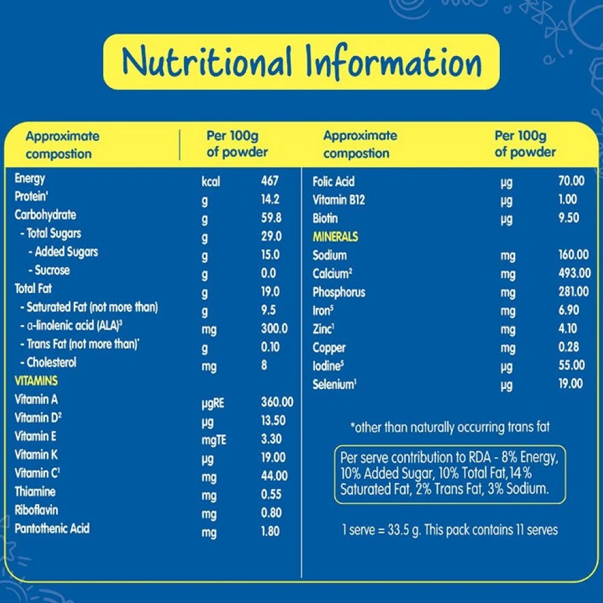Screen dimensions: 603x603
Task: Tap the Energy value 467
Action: (x=270, y=181)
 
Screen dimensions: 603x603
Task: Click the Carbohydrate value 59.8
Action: (x=271, y=218)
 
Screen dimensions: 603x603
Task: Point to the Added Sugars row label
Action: (x=63, y=252)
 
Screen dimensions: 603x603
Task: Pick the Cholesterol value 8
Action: (x=264, y=365)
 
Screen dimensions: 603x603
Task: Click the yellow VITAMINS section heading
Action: (x=36, y=381)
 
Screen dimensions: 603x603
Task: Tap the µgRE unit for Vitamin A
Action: (x=213, y=403)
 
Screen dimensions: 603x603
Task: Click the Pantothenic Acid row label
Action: (x=52, y=529)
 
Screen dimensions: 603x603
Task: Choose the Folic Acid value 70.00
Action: (x=571, y=181)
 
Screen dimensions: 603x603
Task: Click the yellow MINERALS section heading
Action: (x=335, y=237)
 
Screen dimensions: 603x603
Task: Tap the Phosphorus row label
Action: (x=339, y=292)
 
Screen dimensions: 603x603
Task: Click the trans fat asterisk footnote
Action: (x=450, y=428)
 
